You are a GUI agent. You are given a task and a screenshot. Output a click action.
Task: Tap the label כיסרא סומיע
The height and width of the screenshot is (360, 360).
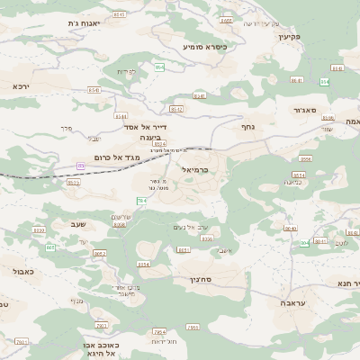[x=204, y=46]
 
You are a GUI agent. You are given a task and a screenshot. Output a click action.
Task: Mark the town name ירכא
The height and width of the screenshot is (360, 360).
[x=22, y=85]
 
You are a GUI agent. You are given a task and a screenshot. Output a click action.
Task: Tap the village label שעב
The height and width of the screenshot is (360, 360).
[x=78, y=223]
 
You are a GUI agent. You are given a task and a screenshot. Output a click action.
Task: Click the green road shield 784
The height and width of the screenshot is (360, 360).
[x=141, y=201]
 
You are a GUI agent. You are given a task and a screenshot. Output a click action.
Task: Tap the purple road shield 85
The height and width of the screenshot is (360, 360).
[x=81, y=166]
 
